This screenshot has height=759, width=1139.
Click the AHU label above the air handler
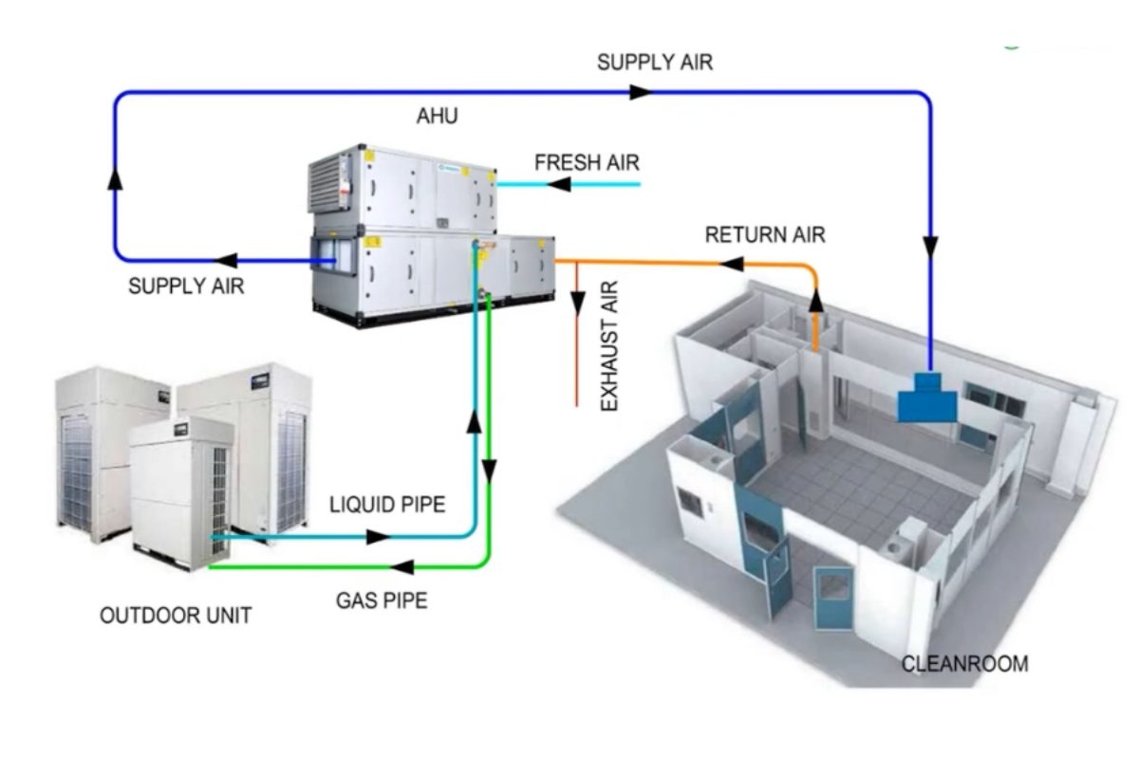point(437,116)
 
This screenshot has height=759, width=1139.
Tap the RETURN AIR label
point(764,234)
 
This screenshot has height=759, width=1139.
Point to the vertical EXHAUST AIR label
point(609,346)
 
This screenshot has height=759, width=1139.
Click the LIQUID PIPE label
point(386,504)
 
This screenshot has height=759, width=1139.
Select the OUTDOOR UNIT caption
point(176,616)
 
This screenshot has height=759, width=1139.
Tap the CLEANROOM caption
point(963,663)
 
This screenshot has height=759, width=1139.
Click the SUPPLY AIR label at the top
point(654,63)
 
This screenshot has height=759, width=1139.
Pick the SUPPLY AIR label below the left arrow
point(186,286)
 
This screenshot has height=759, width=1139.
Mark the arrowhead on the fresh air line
point(568,185)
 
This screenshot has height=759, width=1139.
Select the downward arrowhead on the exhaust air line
point(577,301)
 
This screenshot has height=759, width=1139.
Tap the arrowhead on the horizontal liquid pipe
point(378,537)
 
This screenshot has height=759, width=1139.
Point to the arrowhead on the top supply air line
point(642,92)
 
